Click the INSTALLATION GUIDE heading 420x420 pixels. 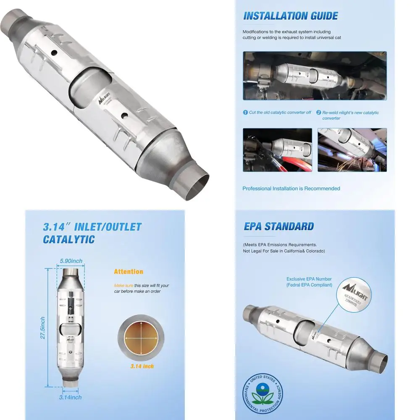291,16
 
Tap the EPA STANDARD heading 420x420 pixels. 278,226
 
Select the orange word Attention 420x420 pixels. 129,272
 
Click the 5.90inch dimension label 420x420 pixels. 71,261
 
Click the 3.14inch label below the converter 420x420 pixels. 70,397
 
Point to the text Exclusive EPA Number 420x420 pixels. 309,279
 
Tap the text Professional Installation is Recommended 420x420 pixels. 291,189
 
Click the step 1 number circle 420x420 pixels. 245,113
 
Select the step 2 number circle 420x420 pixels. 319,113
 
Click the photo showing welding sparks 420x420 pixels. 352,150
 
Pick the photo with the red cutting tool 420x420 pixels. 277,150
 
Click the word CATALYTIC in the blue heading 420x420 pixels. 69,240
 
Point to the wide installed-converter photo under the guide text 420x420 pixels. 315,76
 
